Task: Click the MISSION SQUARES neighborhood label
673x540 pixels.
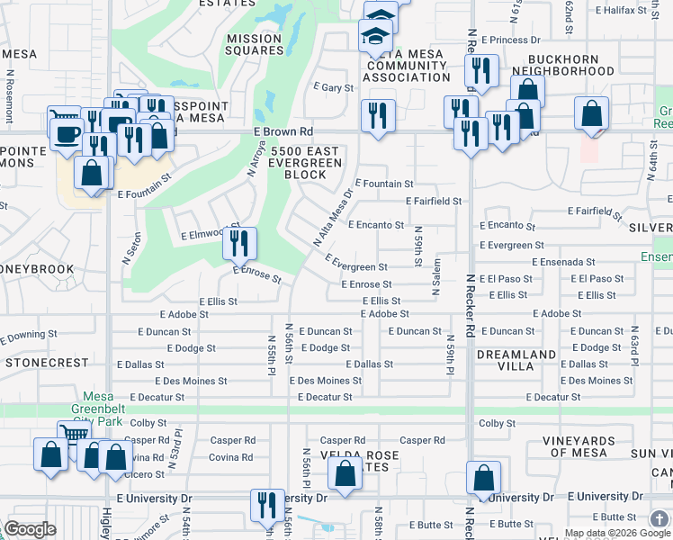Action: [x=255, y=44]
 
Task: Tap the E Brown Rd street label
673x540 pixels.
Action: [x=282, y=131]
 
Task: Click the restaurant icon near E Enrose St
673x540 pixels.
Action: [x=240, y=243]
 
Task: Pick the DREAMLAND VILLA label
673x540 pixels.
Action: [x=516, y=361]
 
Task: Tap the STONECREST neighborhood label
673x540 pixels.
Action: [x=47, y=363]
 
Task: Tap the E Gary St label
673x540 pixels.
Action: [x=332, y=87]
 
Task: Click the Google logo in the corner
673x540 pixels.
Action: [x=31, y=529]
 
